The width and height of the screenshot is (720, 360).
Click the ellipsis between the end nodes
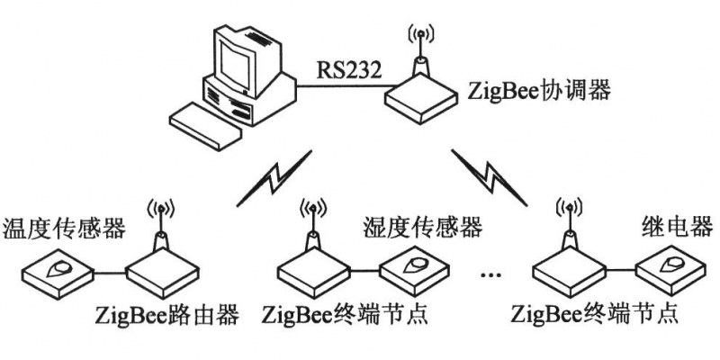(x=491, y=272)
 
